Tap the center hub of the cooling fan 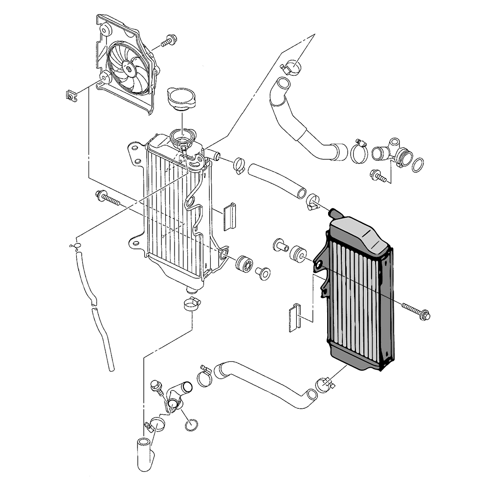click(129, 69)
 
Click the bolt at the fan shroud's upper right click(169, 41)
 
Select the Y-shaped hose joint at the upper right click(390, 152)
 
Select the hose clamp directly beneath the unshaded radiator click(192, 304)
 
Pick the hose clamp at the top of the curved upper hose click(291, 66)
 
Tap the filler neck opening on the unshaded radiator click(183, 134)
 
